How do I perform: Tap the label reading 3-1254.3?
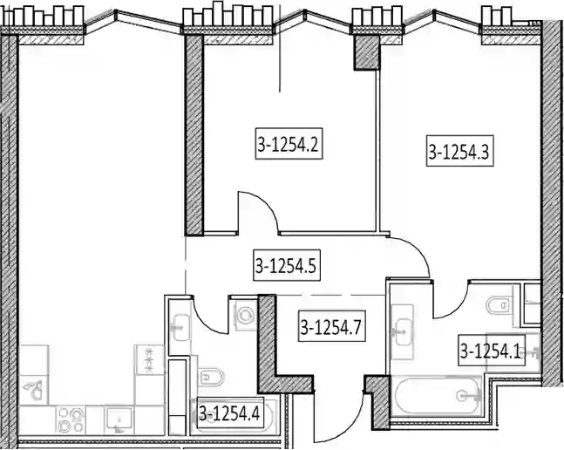(x=459, y=151)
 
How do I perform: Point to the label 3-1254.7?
(x=331, y=326)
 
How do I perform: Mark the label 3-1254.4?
(x=230, y=412)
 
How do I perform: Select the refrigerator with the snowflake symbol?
(x=149, y=359)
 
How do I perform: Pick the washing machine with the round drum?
(x=246, y=315)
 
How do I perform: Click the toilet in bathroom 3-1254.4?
(x=211, y=377)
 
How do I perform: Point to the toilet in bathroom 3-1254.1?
(x=499, y=305)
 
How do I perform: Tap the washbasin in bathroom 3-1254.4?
(x=181, y=327)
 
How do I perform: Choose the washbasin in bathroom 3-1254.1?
(x=403, y=331)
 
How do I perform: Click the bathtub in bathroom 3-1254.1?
(x=437, y=396)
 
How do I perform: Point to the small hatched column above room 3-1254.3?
(x=366, y=52)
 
